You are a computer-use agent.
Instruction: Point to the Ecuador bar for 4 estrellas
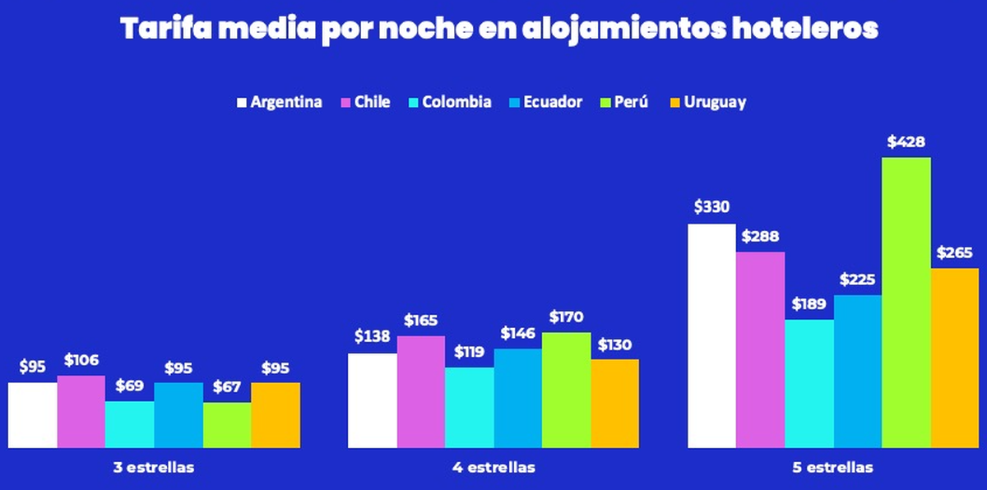[x=518, y=398]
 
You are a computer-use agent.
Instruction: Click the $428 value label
[x=906, y=142]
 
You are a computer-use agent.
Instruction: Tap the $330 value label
[x=711, y=208]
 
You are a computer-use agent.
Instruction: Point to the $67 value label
[x=227, y=386]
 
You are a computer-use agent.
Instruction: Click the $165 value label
[x=421, y=320]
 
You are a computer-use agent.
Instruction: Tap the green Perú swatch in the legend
[x=607, y=103]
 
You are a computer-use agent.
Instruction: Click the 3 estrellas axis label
[x=154, y=468]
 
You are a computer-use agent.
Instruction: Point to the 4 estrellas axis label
[x=493, y=468]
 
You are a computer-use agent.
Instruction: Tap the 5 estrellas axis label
[x=833, y=468]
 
